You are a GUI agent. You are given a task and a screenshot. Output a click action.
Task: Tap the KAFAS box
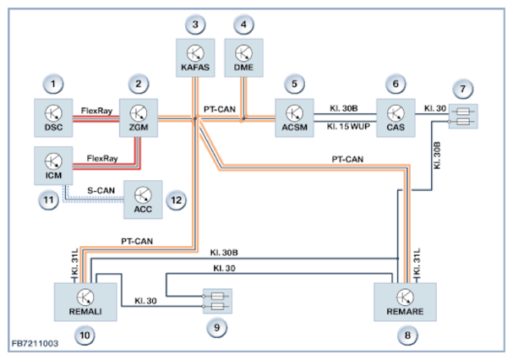point(195,56)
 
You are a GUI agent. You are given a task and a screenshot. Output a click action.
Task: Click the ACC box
point(144,197)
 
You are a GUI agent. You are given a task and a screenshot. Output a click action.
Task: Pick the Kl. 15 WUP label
point(344,127)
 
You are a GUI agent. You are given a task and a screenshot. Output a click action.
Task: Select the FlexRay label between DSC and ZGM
point(96,110)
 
